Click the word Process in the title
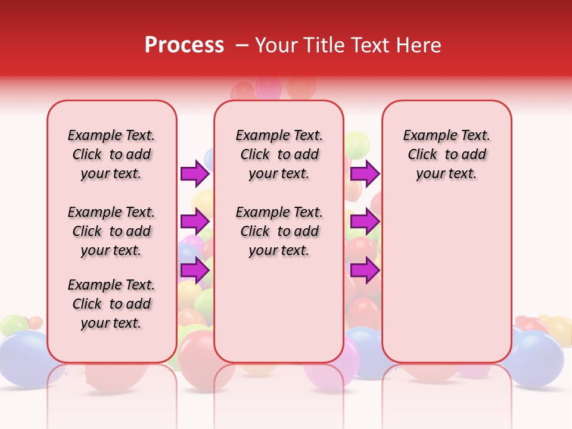184,45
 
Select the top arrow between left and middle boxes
195,173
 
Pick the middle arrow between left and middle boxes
195,222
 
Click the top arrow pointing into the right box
365,173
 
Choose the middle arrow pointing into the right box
365,222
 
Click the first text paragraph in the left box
111,154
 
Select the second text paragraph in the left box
111,231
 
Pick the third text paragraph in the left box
111,304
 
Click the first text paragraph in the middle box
279,154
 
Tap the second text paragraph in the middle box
279,231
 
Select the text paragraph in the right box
446,154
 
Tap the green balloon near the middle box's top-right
357,145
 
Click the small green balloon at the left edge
13,325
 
